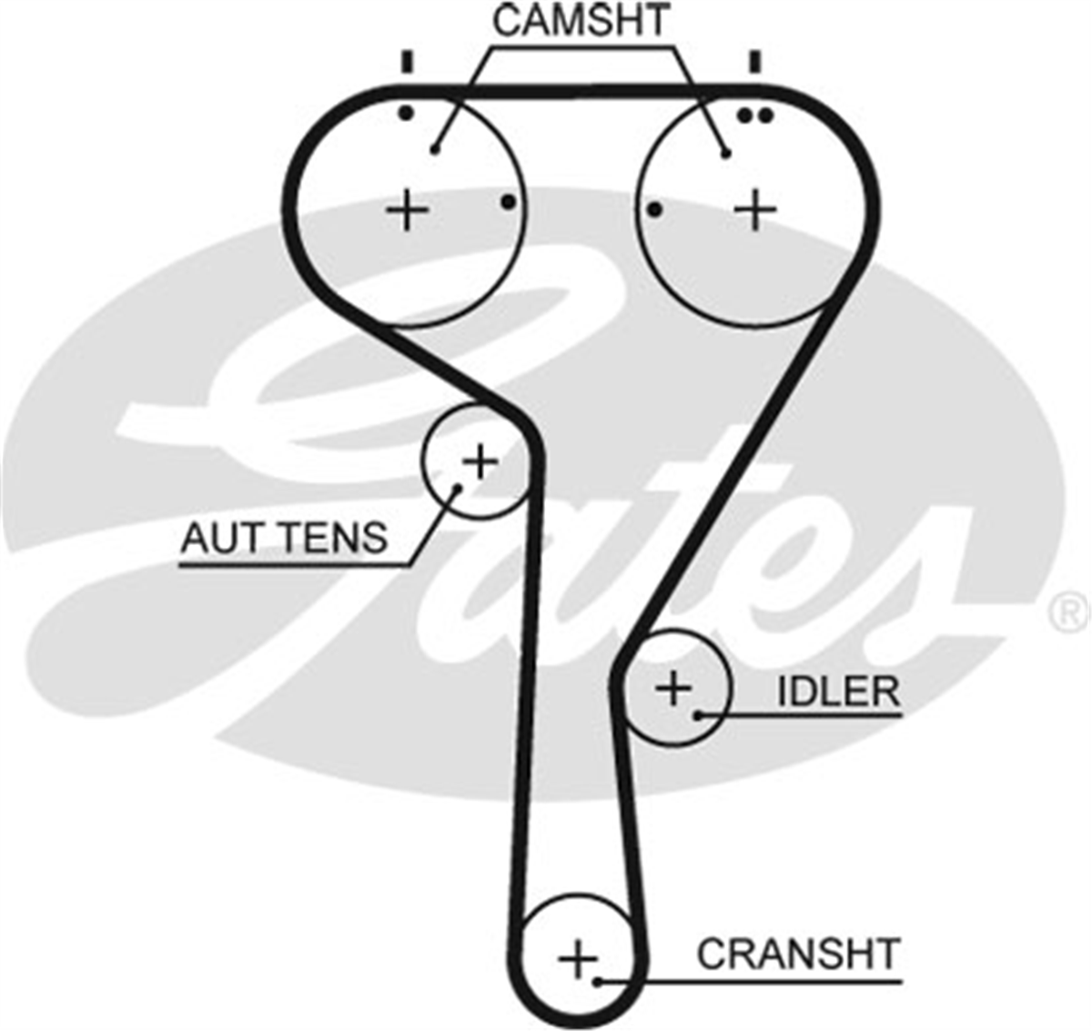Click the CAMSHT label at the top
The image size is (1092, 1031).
pyautogui.click(x=581, y=21)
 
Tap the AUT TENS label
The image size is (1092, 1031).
pyautogui.click(x=284, y=537)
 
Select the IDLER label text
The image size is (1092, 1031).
pyautogui.click(x=839, y=692)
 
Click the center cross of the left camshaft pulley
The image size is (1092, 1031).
pyautogui.click(x=407, y=210)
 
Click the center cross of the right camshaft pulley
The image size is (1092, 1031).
pyautogui.click(x=756, y=209)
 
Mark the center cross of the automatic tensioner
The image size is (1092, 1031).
pyautogui.click(x=480, y=461)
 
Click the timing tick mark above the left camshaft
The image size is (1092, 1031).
pyautogui.click(x=407, y=62)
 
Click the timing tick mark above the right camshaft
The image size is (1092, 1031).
pyautogui.click(x=756, y=62)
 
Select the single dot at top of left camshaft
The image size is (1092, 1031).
pyautogui.click(x=406, y=114)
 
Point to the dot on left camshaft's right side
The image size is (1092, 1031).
pyautogui.click(x=509, y=202)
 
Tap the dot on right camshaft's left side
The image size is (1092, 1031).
pyautogui.click(x=654, y=209)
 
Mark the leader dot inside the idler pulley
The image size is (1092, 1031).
pyautogui.click(x=698, y=715)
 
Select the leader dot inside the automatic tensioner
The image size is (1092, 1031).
pyautogui.click(x=458, y=488)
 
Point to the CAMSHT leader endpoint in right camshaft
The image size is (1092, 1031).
pyautogui.click(x=726, y=154)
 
